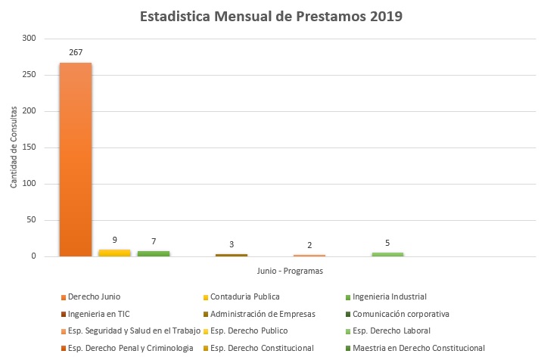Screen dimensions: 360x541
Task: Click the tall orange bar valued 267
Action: pyautogui.click(x=76, y=160)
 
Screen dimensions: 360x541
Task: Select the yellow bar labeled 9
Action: pyautogui.click(x=114, y=253)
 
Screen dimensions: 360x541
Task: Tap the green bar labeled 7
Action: pyautogui.click(x=154, y=253)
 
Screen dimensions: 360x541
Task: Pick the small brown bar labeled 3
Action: pyautogui.click(x=232, y=256)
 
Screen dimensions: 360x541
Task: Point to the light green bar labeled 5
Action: pyautogui.click(x=387, y=254)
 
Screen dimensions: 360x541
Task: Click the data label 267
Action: pyautogui.click(x=76, y=54)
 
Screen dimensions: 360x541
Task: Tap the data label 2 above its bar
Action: pyautogui.click(x=309, y=245)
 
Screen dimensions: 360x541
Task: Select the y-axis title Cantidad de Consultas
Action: pyautogui.click(x=14, y=148)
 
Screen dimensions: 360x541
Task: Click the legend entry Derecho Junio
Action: pyautogui.click(x=94, y=296)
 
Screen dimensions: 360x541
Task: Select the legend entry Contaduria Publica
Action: pyautogui.click(x=244, y=296)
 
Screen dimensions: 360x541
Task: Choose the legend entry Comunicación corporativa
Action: pyautogui.click(x=404, y=313)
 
